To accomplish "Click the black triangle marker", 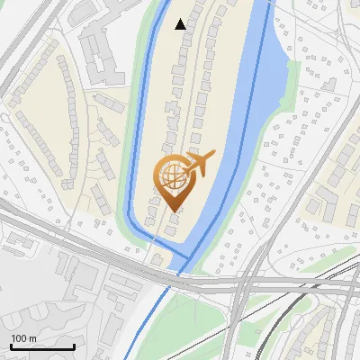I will coord(181,24).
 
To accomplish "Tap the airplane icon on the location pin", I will coord(201,163).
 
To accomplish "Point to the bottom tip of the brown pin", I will coord(173,211).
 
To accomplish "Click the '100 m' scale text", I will coord(23,338).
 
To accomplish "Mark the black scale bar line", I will coord(41,346).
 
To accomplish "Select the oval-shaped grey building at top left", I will coord(84,10).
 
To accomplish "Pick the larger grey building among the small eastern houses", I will coord(324,207).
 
